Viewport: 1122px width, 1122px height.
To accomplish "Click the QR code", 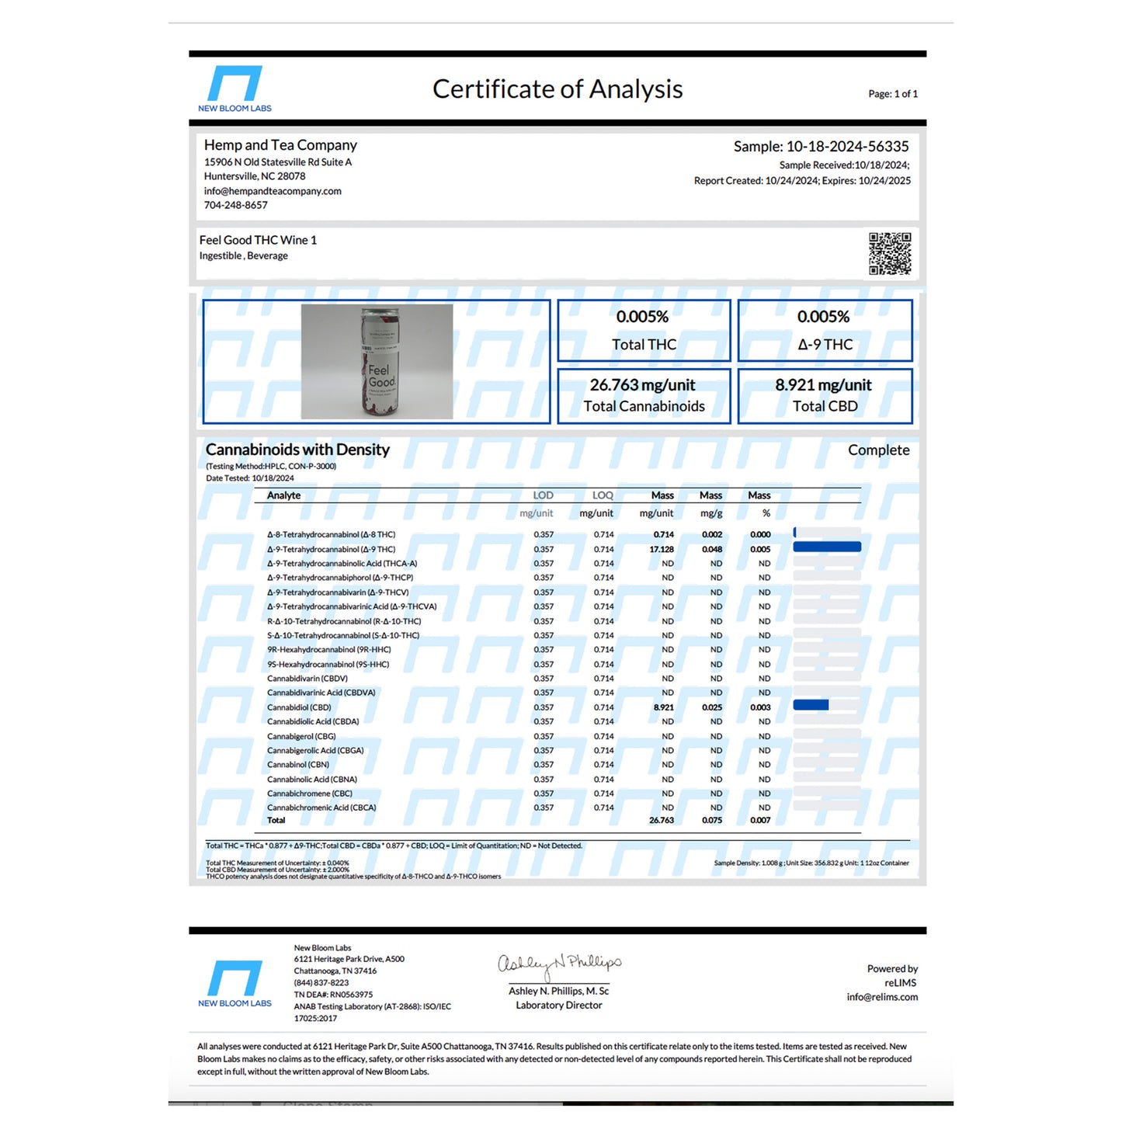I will [x=890, y=253].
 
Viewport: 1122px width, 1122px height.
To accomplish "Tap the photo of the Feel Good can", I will [x=377, y=362].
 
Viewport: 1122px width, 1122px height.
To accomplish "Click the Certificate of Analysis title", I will [x=558, y=89].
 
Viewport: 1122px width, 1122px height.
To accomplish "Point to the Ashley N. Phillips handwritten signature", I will [x=559, y=964].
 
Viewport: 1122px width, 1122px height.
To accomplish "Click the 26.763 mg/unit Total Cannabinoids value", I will [x=643, y=385].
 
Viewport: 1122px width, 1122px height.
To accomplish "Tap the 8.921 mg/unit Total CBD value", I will [x=823, y=385].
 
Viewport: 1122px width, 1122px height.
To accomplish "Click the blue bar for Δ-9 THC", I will [x=827, y=547].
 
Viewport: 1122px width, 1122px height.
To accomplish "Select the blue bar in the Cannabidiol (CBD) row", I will [x=811, y=705].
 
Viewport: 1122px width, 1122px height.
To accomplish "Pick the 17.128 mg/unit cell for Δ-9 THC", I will [x=662, y=549].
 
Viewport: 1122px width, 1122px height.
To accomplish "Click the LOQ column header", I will [x=603, y=495].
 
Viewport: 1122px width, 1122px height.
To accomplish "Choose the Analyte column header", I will [x=283, y=495].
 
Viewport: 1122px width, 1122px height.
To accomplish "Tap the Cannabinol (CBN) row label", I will [x=298, y=765].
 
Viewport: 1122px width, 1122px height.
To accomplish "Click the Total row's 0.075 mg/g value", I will [x=711, y=820].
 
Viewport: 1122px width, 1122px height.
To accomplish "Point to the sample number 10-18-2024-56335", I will [x=847, y=147].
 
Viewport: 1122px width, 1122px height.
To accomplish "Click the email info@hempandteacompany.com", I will [x=273, y=191].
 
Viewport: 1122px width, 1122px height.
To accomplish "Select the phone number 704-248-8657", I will [x=236, y=205].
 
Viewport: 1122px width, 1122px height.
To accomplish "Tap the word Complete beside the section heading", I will [x=878, y=450].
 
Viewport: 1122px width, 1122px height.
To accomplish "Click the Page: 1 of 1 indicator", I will [x=893, y=94].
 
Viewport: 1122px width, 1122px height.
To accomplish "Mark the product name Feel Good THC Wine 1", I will [x=258, y=241].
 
